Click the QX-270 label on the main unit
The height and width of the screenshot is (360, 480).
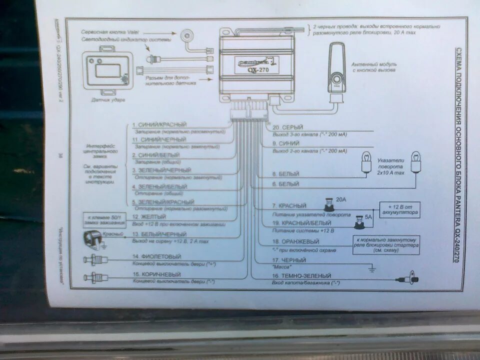click(252, 66)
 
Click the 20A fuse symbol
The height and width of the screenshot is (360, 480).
click(329, 204)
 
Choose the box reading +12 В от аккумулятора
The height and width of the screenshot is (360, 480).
click(399, 208)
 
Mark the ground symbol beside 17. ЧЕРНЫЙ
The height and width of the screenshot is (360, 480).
click(371, 268)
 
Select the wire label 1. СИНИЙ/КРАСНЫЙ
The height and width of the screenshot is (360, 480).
click(159, 124)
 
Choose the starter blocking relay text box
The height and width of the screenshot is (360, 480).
click(386, 245)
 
